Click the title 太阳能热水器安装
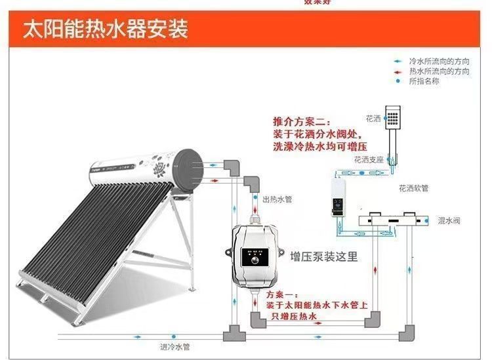106,29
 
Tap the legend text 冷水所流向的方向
439,60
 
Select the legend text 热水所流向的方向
439,70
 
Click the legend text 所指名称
424,81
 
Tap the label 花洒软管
413,188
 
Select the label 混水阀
449,221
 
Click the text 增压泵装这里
324,256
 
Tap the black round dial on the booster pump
254,260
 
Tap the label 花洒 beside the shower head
373,119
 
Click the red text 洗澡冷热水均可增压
310,146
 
